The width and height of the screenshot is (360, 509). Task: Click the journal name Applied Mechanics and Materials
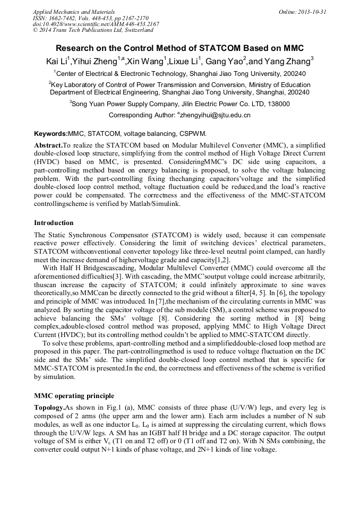(73, 12)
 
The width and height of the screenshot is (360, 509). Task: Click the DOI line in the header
(96, 24)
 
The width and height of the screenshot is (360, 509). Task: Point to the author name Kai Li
(57, 61)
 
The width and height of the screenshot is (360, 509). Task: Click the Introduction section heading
(54, 223)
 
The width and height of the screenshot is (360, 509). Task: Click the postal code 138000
(276, 105)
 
